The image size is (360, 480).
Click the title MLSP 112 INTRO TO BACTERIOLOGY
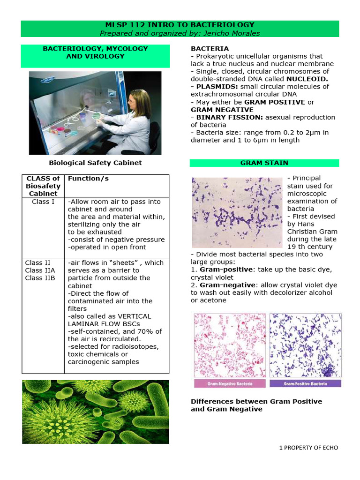click(180, 25)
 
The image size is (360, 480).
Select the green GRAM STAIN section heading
click(264, 163)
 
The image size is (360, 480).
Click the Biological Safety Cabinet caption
click(95, 163)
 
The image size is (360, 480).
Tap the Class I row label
click(44, 202)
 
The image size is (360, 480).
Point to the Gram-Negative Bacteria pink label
click(230, 383)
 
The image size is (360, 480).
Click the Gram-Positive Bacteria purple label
click(306, 383)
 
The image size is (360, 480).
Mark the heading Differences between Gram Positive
click(256, 402)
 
